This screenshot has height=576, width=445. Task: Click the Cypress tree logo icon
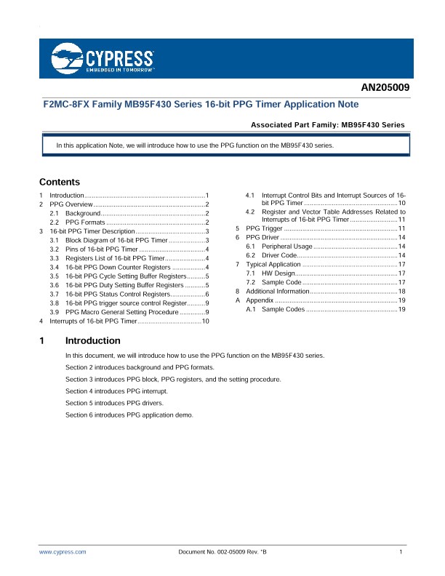(68, 56)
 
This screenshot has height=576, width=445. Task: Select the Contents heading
(60, 182)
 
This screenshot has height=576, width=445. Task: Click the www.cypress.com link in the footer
(63, 553)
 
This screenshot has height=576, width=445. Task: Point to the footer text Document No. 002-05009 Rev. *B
(222, 553)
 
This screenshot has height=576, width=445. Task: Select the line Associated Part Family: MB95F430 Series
(327, 124)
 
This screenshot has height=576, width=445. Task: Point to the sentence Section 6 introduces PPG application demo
(129, 414)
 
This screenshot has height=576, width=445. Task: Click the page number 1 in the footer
(401, 553)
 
